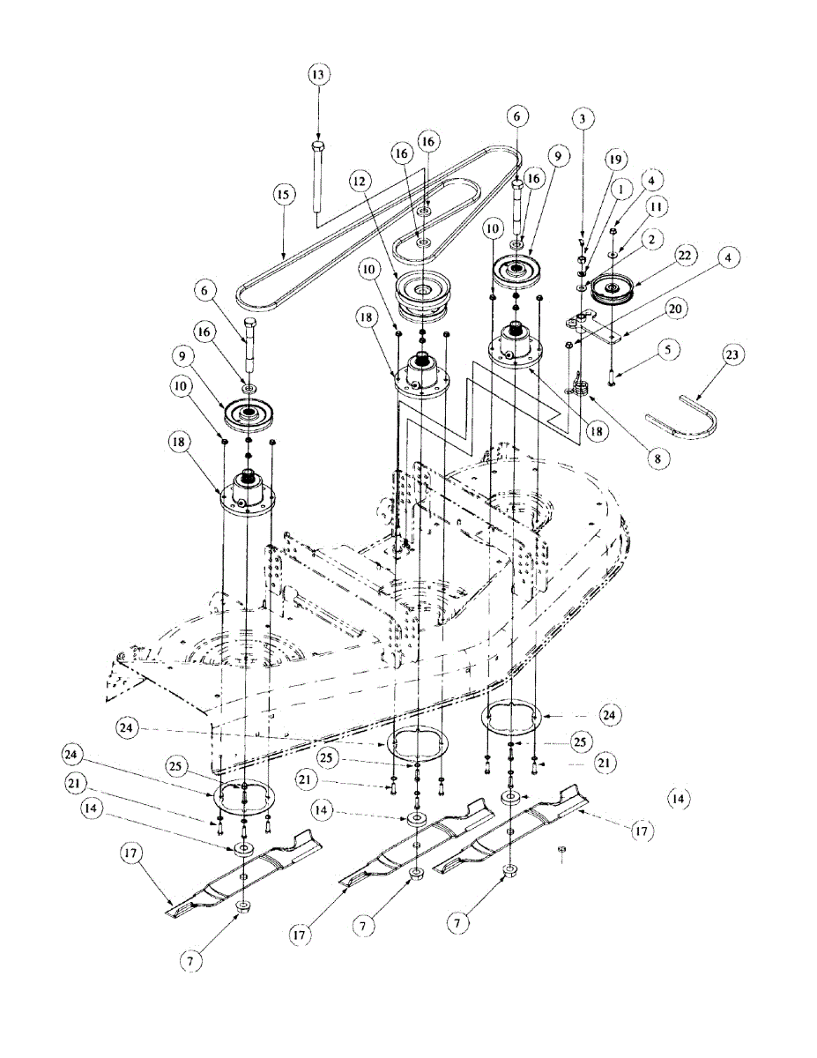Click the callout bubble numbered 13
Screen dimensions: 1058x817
coord(318,74)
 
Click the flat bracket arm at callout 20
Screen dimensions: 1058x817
coord(599,331)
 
